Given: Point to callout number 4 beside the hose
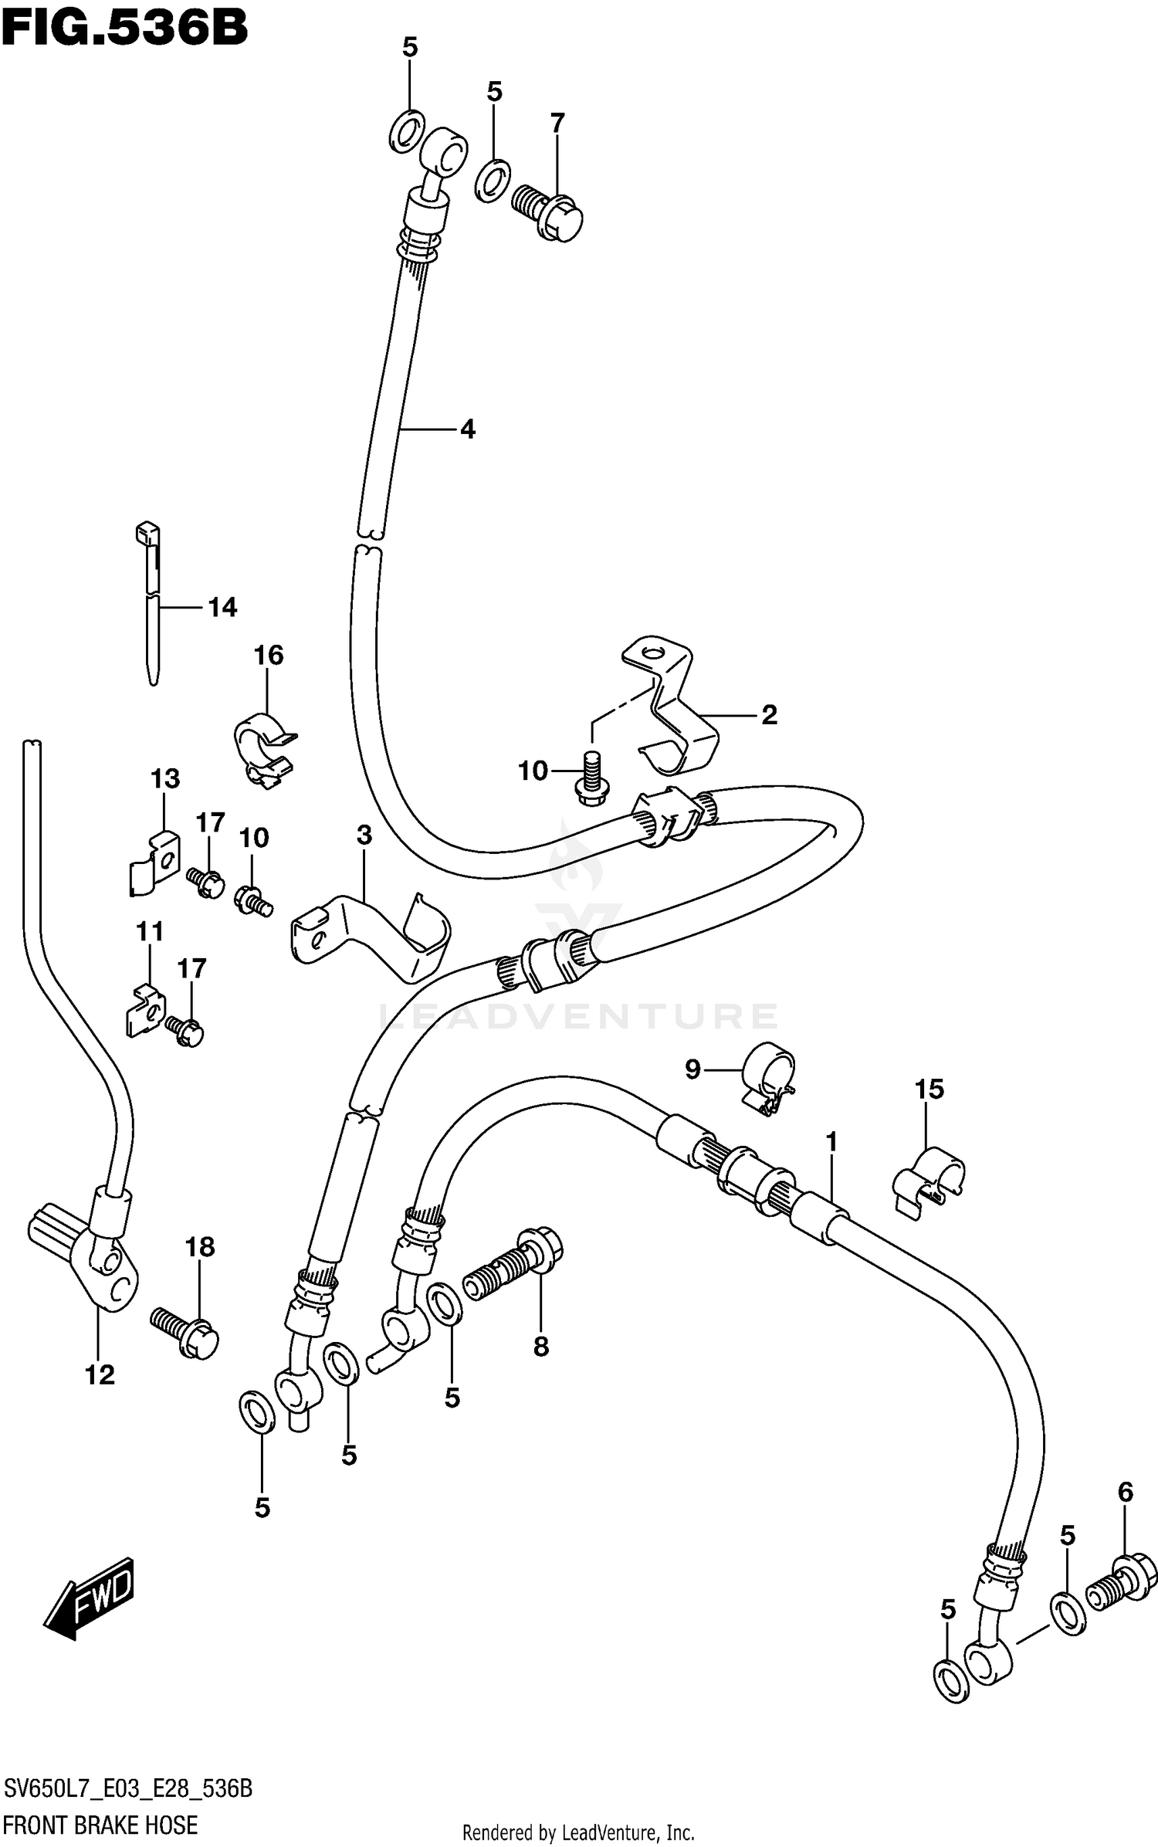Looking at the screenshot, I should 467,429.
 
